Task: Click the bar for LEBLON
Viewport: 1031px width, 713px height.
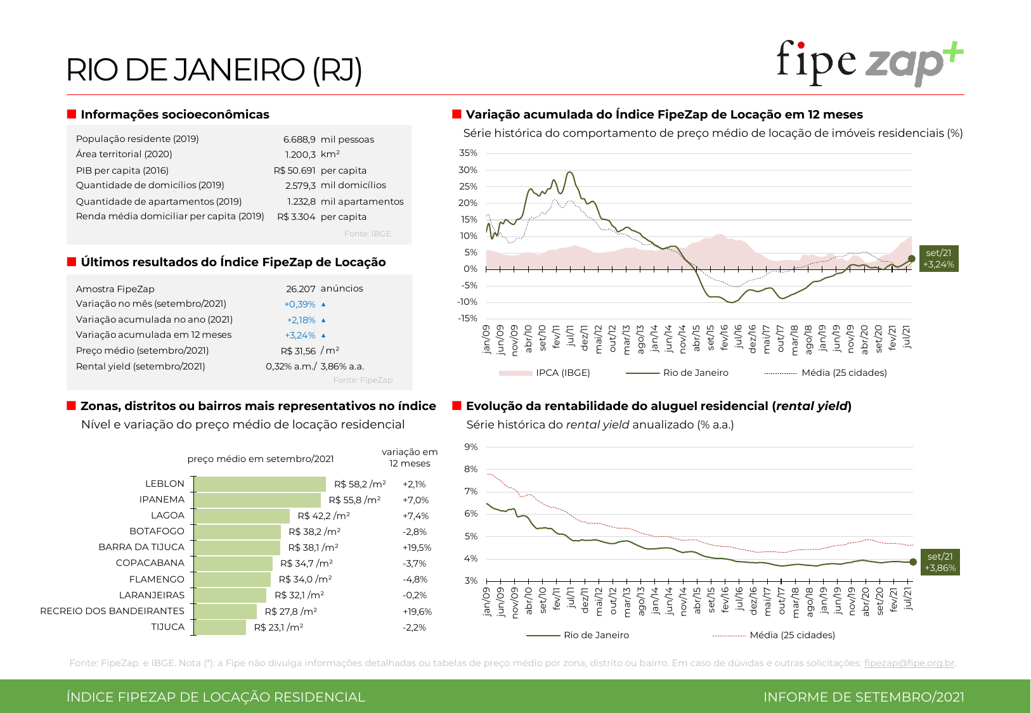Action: [260, 484]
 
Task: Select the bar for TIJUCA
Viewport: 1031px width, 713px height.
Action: [220, 627]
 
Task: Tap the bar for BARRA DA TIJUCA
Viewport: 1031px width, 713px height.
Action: [237, 548]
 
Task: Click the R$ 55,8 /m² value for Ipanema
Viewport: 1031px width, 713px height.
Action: [354, 500]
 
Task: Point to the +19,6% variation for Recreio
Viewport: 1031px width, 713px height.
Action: [417, 612]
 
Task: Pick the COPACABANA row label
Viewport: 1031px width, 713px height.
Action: [150, 563]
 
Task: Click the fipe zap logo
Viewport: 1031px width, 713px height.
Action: [869, 63]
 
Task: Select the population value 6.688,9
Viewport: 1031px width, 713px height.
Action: [299, 139]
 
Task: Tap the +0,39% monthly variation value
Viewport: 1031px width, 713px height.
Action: [300, 304]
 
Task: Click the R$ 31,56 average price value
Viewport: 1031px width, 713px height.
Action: [298, 351]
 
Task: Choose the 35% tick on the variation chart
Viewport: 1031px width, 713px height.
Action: [468, 153]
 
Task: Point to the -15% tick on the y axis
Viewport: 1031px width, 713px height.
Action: [467, 318]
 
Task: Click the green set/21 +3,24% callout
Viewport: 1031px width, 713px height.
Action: [938, 259]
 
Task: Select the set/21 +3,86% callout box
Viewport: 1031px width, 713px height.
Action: [940, 562]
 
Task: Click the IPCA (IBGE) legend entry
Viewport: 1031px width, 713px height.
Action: [562, 373]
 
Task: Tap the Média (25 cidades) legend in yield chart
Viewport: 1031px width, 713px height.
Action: [792, 635]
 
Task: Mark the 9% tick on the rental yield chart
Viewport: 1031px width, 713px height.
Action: [470, 447]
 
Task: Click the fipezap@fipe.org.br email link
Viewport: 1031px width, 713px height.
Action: [909, 663]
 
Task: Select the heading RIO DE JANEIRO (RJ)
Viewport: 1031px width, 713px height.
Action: [214, 70]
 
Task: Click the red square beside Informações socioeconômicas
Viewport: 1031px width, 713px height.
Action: [72, 114]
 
